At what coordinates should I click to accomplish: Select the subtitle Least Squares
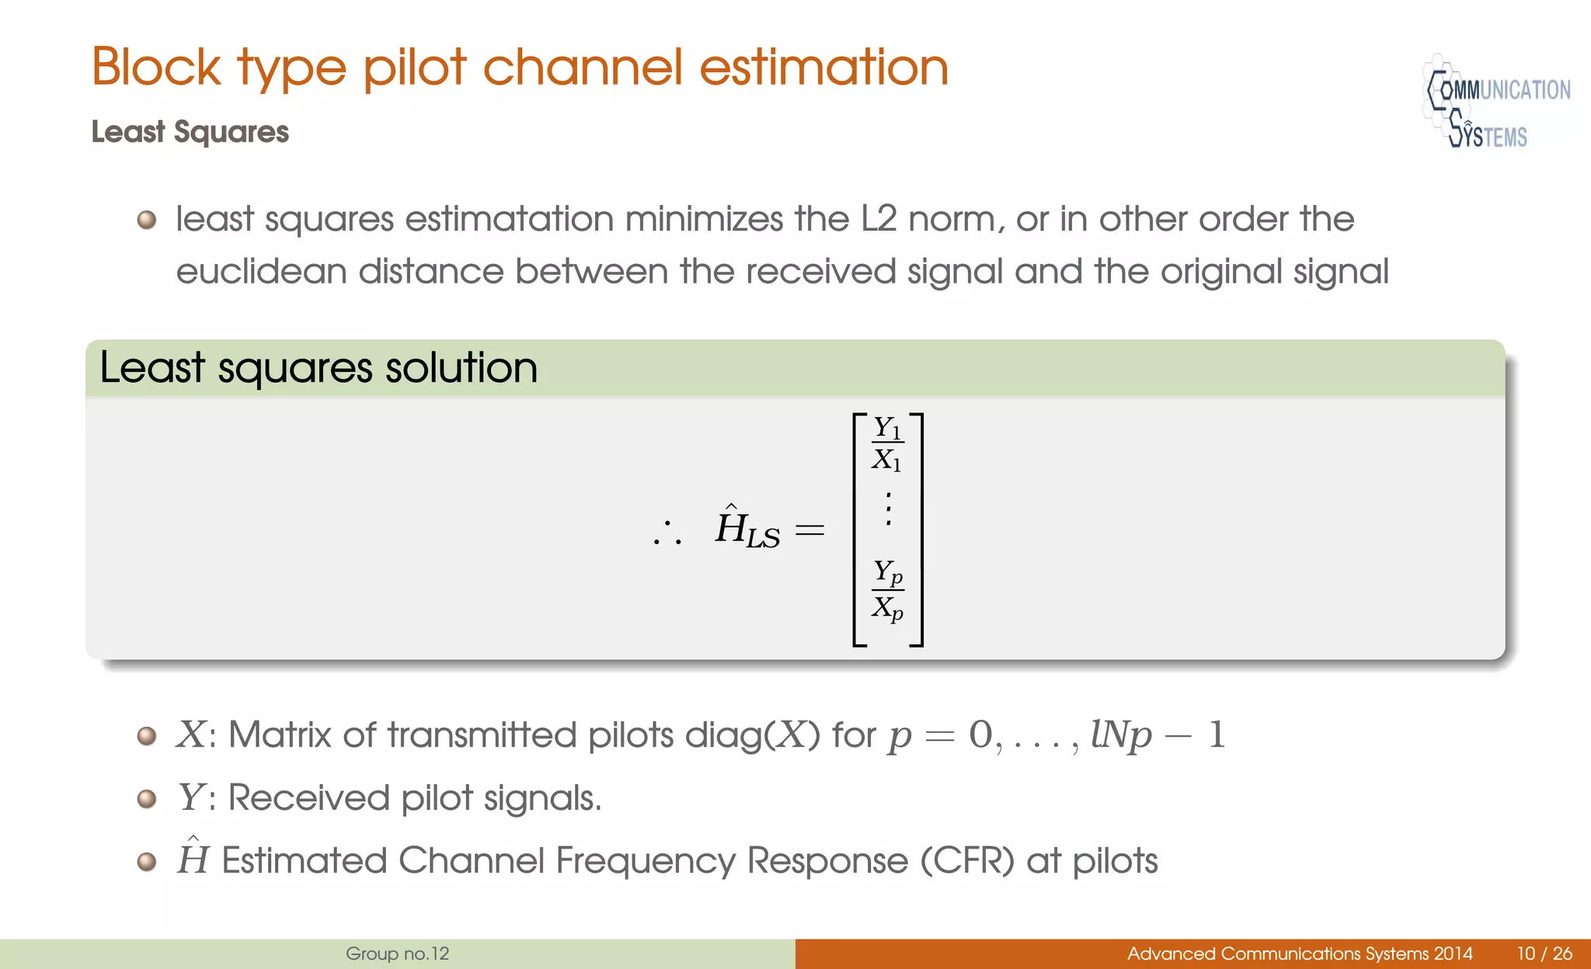point(190,132)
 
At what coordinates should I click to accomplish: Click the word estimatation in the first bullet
point(510,219)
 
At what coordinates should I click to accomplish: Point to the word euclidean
point(261,272)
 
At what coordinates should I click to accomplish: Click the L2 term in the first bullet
point(879,219)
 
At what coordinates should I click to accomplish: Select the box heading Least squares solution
point(319,367)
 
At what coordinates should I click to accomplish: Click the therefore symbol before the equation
point(667,533)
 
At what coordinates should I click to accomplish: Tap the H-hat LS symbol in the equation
point(747,529)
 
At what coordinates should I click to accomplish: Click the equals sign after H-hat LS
point(809,531)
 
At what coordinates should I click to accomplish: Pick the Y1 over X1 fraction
point(887,443)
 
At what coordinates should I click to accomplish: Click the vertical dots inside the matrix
point(888,509)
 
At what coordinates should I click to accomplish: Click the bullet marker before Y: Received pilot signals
point(147,798)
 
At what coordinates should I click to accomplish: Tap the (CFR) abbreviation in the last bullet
point(968,860)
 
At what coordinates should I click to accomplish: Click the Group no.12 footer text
point(397,953)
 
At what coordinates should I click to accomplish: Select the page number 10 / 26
point(1544,953)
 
